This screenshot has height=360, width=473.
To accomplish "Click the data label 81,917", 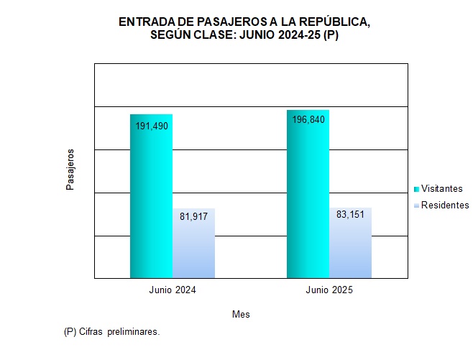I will point(193,216).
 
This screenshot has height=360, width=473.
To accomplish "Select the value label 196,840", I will point(308,120).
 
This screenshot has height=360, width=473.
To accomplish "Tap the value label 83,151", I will point(350,214).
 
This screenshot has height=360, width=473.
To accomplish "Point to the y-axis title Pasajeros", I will point(70,170).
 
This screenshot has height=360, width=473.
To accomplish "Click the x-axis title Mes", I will point(241,315).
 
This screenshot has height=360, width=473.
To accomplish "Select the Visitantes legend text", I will point(441,188).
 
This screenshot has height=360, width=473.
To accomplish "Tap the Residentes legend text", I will point(445,206).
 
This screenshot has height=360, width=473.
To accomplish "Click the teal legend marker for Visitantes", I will point(416,189).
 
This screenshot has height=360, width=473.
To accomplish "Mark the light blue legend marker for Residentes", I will point(416,206).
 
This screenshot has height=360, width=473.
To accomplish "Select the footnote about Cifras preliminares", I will point(111,332).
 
